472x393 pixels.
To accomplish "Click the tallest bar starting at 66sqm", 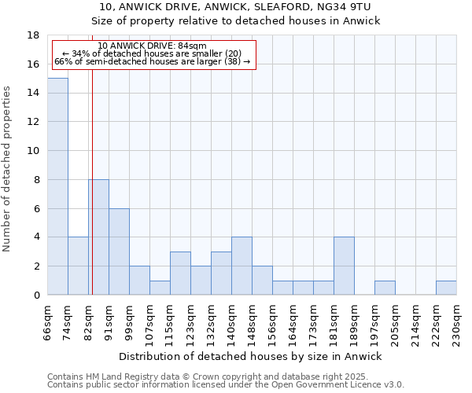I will click(57, 186).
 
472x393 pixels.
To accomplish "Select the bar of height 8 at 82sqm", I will click(98, 237).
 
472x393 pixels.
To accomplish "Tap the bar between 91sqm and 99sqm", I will click(119, 252).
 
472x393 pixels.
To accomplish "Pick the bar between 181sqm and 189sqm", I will click(344, 266).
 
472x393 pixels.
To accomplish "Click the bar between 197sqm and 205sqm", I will click(385, 288).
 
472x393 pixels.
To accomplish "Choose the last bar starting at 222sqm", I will click(446, 288).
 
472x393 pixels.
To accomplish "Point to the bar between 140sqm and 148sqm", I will click(242, 266).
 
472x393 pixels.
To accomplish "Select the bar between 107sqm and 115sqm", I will click(160, 288).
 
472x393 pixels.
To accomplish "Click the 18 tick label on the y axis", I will click(33, 35).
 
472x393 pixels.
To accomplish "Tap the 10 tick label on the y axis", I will click(33, 151).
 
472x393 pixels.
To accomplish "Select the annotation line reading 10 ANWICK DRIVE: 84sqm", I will click(153, 46).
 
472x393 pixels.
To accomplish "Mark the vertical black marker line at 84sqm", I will click(92, 181).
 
